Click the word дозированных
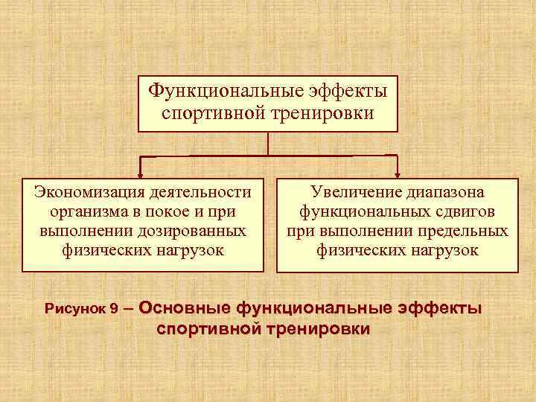pos(195,231)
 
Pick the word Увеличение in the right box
pos(351,192)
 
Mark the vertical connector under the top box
pos(268,144)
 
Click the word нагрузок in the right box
pos(441,250)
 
